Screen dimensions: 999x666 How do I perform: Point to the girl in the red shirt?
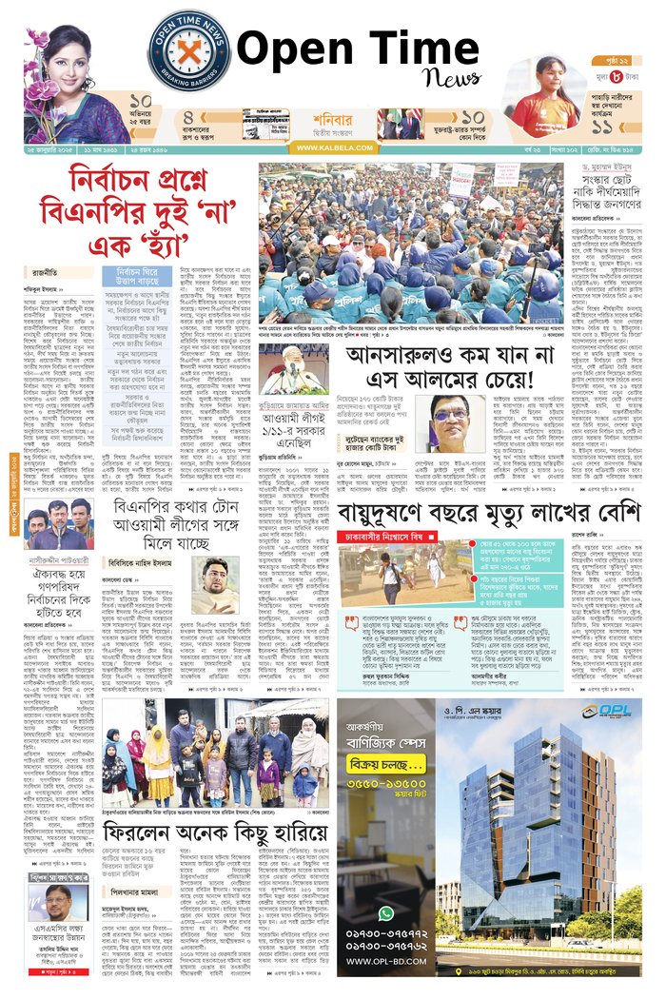(549, 95)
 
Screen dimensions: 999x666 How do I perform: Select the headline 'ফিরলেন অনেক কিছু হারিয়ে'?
(196, 838)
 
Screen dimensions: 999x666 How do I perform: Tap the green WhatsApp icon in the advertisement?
(385, 912)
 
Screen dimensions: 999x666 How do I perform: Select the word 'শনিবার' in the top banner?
(332, 120)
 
